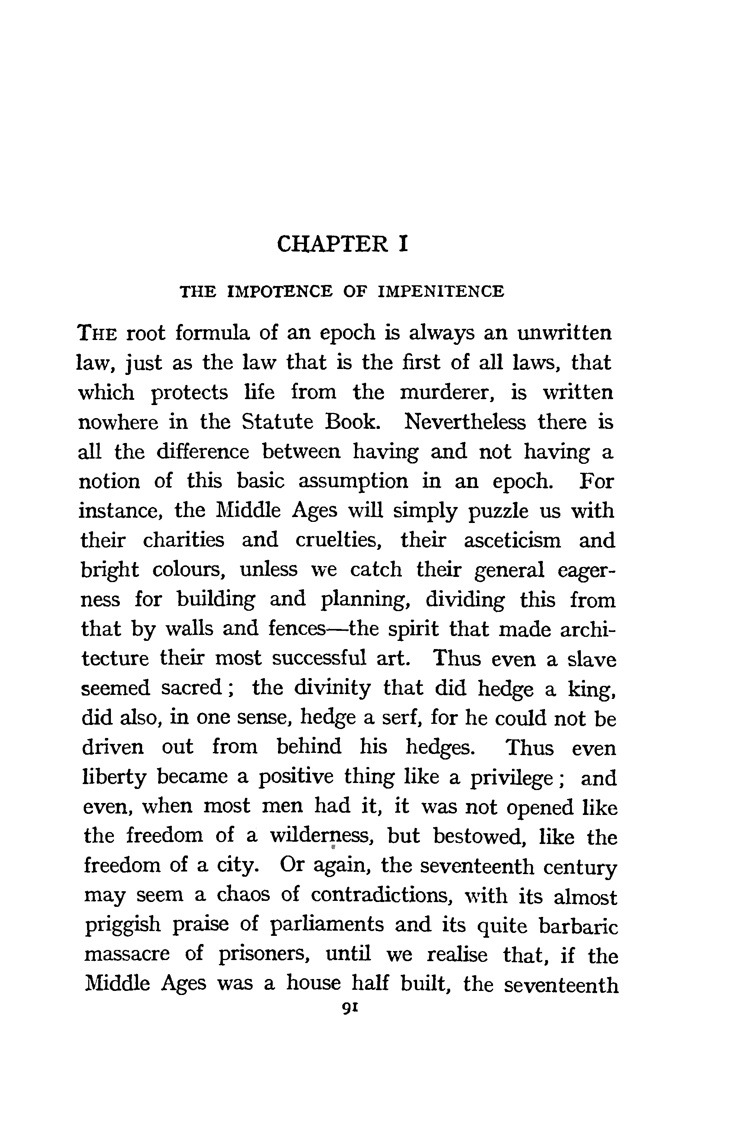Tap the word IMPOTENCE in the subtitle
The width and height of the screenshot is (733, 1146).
click(280, 291)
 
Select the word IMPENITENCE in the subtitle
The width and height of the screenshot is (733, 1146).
click(441, 291)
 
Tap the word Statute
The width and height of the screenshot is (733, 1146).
click(278, 422)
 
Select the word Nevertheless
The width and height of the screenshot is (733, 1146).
click(465, 422)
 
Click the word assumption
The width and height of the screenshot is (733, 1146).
click(353, 482)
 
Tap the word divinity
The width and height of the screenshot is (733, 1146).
click(332, 688)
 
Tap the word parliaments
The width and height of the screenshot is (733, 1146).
click(327, 925)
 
